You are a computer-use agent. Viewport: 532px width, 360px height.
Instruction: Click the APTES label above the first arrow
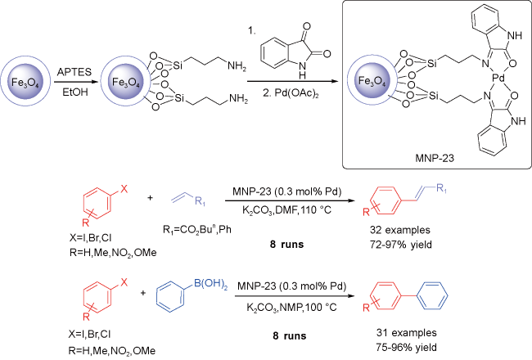pyautogui.click(x=74, y=72)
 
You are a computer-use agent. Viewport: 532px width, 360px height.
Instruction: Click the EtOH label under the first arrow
pyautogui.click(x=75, y=92)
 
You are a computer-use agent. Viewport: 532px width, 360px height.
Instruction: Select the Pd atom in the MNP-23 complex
pyautogui.click(x=498, y=79)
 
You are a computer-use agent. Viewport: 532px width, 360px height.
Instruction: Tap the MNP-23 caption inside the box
pyautogui.click(x=435, y=158)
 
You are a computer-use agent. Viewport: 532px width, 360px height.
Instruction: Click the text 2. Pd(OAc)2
pyautogui.click(x=291, y=92)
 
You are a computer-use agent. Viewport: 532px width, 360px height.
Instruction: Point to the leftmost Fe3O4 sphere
pyautogui.click(x=26, y=82)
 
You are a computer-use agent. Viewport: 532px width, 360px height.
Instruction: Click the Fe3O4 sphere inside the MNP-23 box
pyautogui.click(x=372, y=81)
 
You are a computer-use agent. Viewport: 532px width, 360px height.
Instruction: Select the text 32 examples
pyautogui.click(x=400, y=230)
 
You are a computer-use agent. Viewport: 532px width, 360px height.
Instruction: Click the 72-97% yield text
pyautogui.click(x=401, y=245)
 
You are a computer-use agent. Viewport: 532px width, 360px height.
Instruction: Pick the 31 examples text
pyautogui.click(x=406, y=333)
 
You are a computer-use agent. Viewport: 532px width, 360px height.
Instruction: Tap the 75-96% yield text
pyautogui.click(x=407, y=348)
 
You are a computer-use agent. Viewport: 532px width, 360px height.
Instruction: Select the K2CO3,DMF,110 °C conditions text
pyautogui.click(x=286, y=210)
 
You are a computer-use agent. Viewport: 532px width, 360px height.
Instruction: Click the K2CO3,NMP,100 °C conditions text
pyautogui.click(x=292, y=308)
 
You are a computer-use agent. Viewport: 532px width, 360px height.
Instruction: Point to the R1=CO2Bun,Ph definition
pyautogui.click(x=197, y=230)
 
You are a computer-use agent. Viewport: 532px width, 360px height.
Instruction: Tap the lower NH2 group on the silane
pyautogui.click(x=238, y=99)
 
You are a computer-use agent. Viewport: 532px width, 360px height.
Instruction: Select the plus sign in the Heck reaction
pyautogui.click(x=150, y=197)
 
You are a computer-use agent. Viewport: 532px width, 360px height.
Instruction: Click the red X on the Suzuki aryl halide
pyautogui.click(x=124, y=282)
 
